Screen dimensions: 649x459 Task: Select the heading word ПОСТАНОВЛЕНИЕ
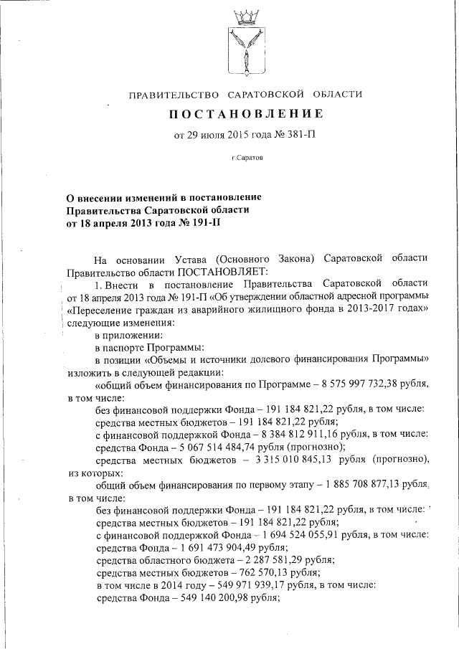pos(246,114)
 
